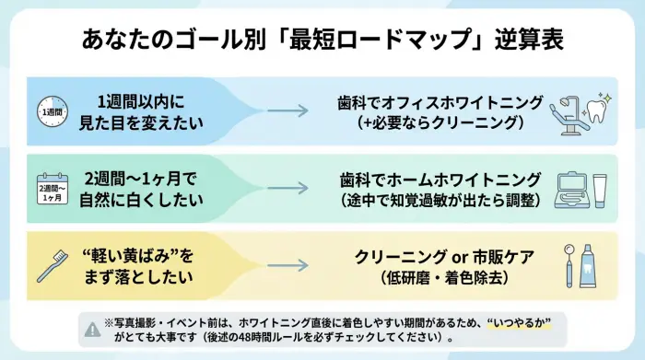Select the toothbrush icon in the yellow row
[53, 266]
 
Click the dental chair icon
[573, 111]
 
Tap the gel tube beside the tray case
[601, 190]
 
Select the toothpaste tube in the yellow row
[595, 266]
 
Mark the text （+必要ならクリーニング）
[439, 122]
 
